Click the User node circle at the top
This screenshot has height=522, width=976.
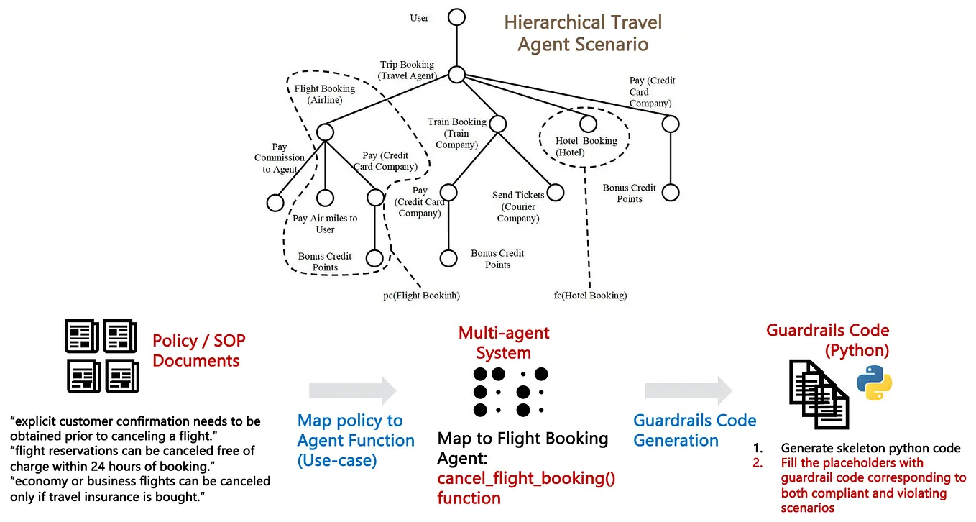(456, 17)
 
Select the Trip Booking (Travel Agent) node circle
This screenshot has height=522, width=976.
(456, 73)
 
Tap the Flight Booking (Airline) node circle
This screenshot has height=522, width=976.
(325, 132)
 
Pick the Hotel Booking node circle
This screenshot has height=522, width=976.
(589, 124)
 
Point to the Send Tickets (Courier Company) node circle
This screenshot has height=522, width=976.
(556, 193)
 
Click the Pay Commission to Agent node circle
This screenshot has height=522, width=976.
(275, 203)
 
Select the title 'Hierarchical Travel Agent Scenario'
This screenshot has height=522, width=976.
(583, 33)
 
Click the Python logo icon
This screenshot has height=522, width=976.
(874, 382)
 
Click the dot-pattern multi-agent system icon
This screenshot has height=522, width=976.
(510, 392)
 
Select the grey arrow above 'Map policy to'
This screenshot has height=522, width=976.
(352, 390)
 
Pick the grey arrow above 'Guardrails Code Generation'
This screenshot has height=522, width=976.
(689, 390)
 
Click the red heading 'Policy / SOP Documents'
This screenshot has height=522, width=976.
(196, 350)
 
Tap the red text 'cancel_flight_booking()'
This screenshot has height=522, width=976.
(526, 478)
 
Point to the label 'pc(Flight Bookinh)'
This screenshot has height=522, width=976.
(421, 295)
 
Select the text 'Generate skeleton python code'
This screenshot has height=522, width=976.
(870, 448)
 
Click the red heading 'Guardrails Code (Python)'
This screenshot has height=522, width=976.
(828, 340)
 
